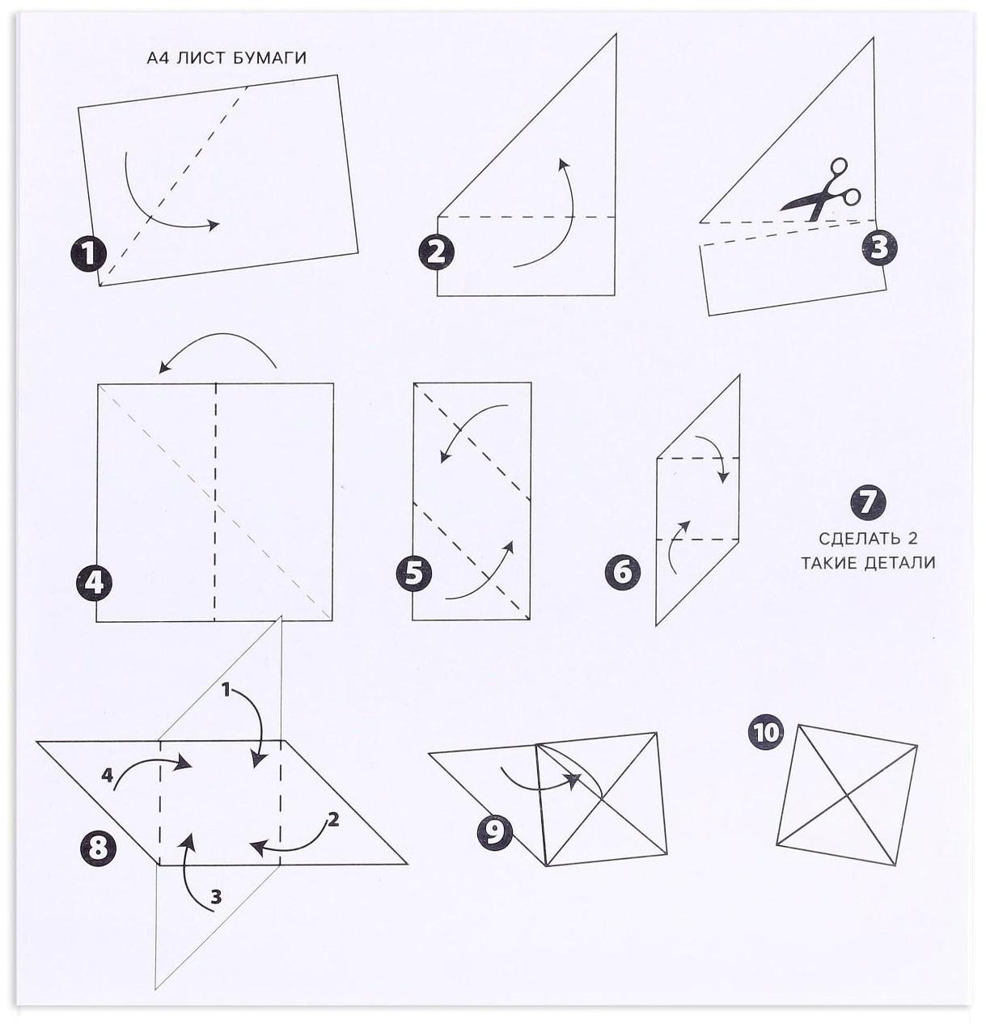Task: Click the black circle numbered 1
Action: (x=88, y=254)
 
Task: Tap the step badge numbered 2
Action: (x=436, y=253)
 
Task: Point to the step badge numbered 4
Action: (x=94, y=583)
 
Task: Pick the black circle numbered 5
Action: (x=414, y=573)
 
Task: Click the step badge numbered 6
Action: (x=623, y=572)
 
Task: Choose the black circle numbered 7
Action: (x=868, y=501)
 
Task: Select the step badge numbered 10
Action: (x=765, y=733)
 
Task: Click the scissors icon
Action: (x=821, y=190)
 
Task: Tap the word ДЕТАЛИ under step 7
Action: (x=899, y=562)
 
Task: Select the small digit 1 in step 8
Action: (x=226, y=689)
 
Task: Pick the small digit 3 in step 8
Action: (x=216, y=897)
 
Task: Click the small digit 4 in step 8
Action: (x=107, y=775)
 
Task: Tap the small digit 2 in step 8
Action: (x=332, y=819)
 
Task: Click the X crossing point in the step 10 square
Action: (x=847, y=796)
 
